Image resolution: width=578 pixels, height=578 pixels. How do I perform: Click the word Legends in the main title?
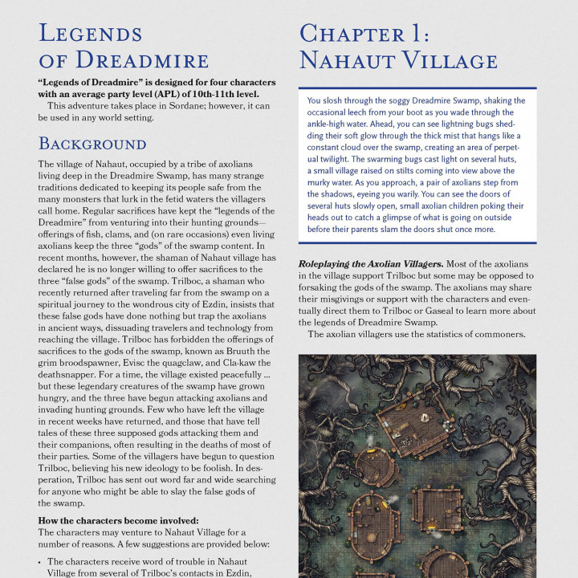point(90,34)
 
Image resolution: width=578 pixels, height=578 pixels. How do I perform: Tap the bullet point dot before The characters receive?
point(41,562)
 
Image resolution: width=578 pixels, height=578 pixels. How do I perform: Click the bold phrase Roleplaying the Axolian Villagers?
point(370,263)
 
